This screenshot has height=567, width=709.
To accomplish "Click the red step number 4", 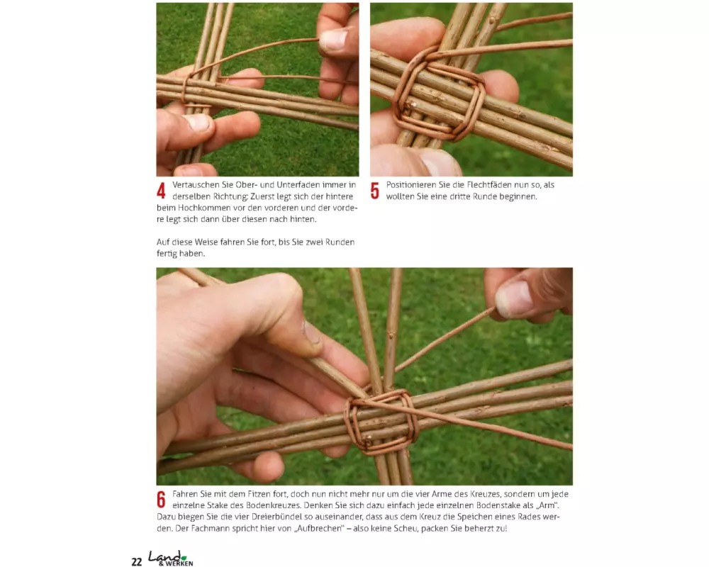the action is [x=161, y=191].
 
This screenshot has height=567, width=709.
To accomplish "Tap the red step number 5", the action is [x=375, y=191].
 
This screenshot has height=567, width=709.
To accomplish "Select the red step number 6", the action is [x=162, y=500].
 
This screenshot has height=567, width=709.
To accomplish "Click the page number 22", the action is [x=137, y=561].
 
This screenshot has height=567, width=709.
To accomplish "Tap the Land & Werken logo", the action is [x=171, y=558].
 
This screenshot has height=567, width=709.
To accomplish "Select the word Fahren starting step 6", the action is [x=184, y=494].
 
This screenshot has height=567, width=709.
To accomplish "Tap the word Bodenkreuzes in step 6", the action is [x=273, y=505].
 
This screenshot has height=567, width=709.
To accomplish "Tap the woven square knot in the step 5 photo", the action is [x=438, y=99].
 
